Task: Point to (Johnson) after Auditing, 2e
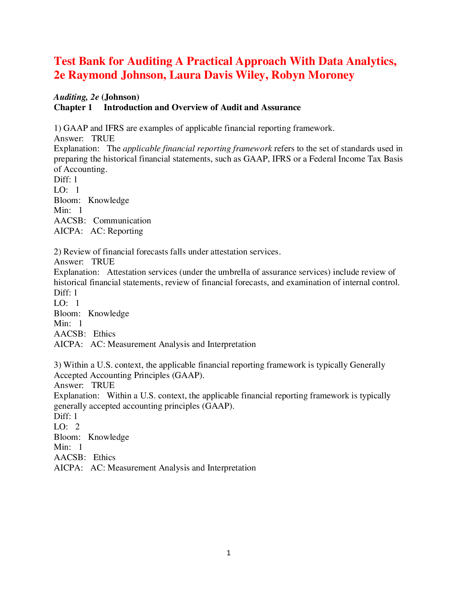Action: tap(120, 97)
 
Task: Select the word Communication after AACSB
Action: tap(122, 221)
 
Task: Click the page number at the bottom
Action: tap(228, 553)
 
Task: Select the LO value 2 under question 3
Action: tap(78, 427)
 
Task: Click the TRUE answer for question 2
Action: tap(103, 262)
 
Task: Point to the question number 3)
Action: tap(58, 365)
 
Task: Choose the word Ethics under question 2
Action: tap(104, 334)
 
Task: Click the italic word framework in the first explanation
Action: tap(253, 149)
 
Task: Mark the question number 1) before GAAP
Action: tap(58, 128)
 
